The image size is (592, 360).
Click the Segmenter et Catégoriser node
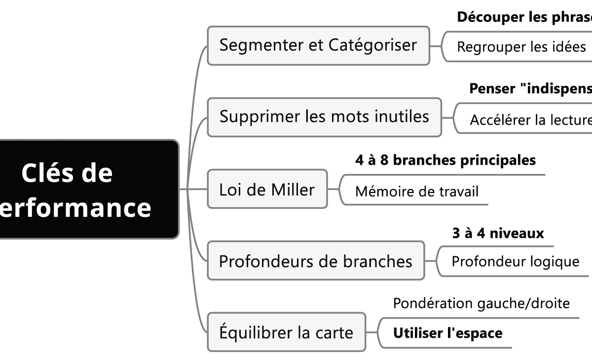318,45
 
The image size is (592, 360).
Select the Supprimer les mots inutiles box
324,117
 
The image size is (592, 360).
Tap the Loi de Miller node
267,189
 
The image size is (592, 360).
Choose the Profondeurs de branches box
315,261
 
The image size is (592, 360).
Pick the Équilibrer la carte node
286,332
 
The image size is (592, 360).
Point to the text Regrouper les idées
521,47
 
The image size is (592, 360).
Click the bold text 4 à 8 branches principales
445,160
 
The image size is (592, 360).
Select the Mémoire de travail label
417,191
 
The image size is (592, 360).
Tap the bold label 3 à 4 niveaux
498,233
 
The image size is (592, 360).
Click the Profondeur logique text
515,261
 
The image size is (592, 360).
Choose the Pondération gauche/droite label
481,303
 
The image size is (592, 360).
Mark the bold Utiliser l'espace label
447,333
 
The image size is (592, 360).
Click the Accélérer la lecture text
530,120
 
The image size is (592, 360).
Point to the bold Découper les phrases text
524,17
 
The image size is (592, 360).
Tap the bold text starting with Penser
530,89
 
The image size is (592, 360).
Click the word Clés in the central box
42,174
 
